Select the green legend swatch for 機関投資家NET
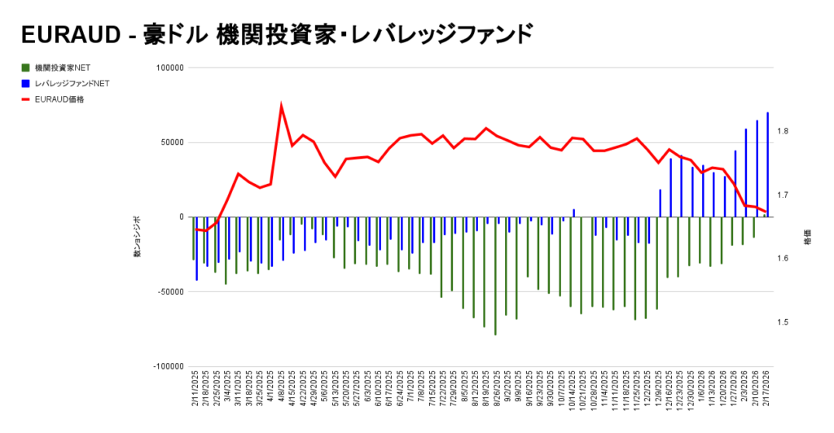[27, 68]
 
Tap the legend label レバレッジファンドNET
[72, 83]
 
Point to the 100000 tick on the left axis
[169, 68]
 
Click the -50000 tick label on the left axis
[169, 292]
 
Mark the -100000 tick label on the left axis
[167, 367]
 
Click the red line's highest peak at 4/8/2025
[281, 106]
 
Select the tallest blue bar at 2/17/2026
[767, 163]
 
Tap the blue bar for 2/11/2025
[196, 248]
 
